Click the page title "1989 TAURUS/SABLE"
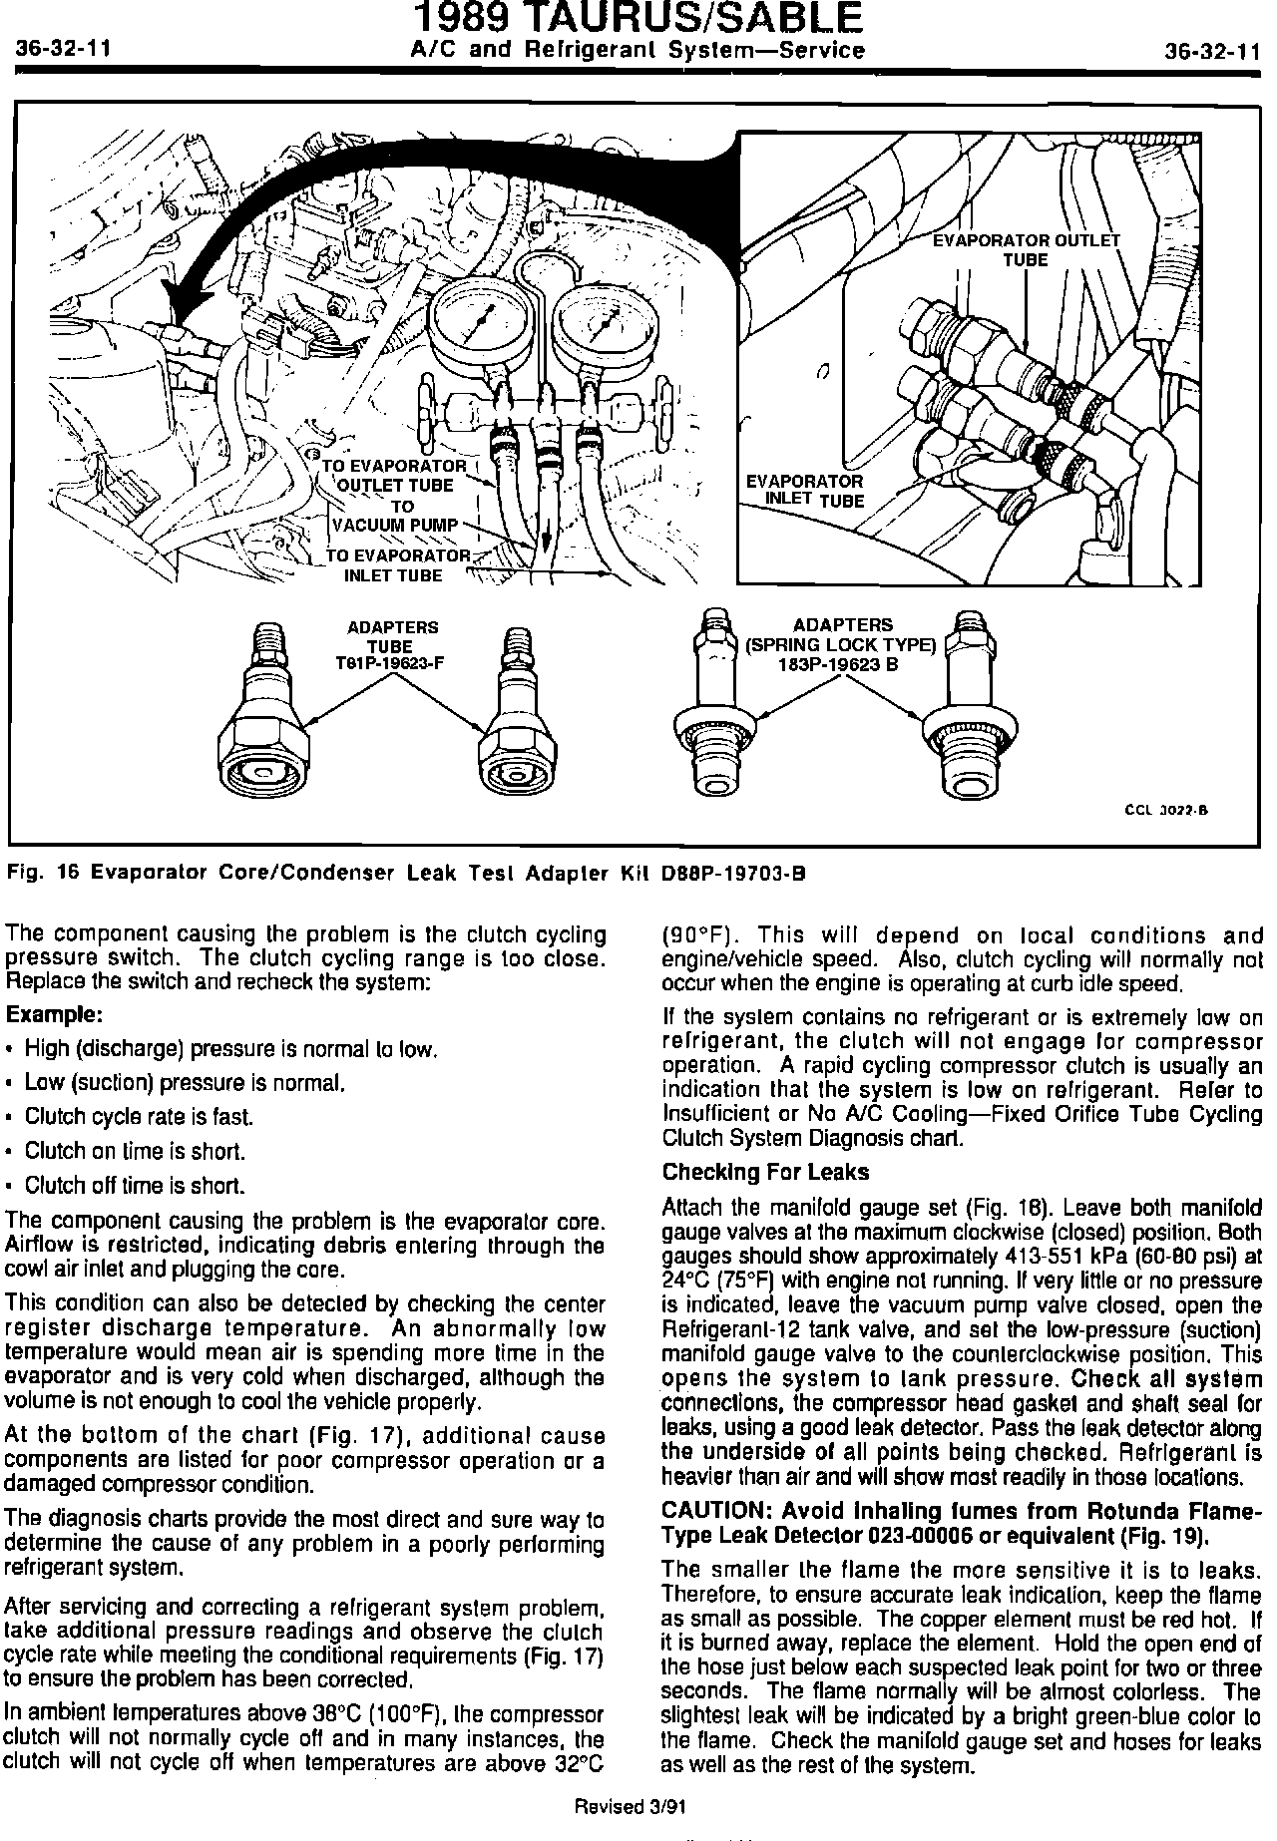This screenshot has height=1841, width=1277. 638,20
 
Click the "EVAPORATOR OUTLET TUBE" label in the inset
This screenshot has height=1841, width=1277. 1026,250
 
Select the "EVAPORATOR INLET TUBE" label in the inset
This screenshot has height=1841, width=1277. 804,491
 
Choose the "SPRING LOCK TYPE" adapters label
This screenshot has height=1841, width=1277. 842,645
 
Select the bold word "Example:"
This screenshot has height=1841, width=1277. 55,1015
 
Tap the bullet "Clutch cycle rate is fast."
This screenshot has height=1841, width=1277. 139,1117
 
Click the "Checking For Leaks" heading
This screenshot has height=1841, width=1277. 765,1172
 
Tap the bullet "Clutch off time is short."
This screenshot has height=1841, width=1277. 135,1186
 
